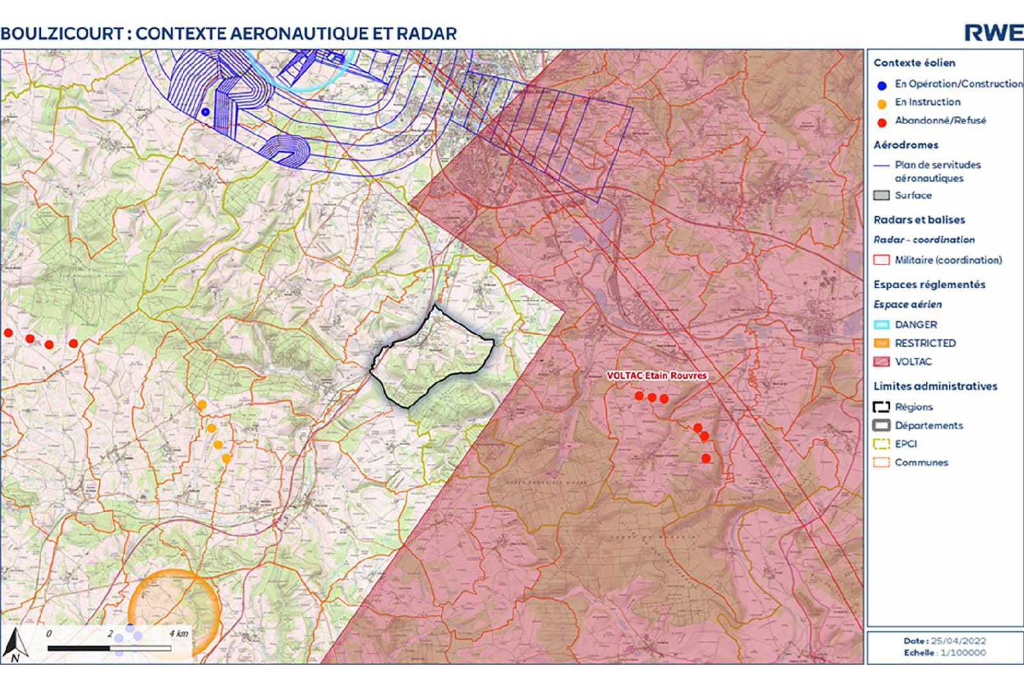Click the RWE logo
click(x=993, y=33)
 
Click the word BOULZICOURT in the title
click(x=62, y=33)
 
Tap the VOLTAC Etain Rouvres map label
click(x=657, y=376)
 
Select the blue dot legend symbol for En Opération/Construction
click(x=882, y=85)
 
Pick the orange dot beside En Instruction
click(x=882, y=104)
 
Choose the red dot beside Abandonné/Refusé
click(x=882, y=122)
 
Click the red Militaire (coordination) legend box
click(x=881, y=260)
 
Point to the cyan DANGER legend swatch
click(x=881, y=325)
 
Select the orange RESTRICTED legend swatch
click(x=881, y=344)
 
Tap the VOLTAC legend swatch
click(x=881, y=362)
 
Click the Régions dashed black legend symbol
click(x=881, y=407)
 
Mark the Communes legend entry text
click(x=921, y=463)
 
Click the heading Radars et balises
click(x=919, y=220)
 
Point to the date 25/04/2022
click(x=958, y=641)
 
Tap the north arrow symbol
click(x=14, y=645)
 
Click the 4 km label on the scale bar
click(x=179, y=634)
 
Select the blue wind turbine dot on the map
click(x=205, y=112)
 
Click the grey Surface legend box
click(x=881, y=196)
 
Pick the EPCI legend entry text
click(x=906, y=444)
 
